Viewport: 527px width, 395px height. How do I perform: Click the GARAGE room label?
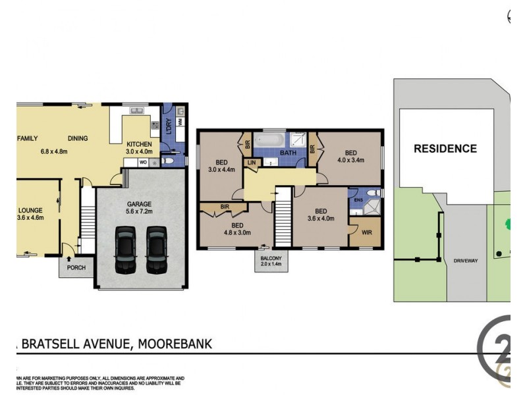click(139, 204)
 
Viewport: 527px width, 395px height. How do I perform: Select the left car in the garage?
click(125, 250)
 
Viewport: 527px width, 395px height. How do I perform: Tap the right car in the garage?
click(156, 250)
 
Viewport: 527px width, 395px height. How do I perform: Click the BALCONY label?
click(271, 257)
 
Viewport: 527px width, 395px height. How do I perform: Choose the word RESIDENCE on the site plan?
click(445, 149)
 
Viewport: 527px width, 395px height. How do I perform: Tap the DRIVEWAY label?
click(466, 261)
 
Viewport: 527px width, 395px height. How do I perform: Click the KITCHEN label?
click(139, 144)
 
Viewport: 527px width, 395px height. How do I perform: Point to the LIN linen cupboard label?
click(251, 162)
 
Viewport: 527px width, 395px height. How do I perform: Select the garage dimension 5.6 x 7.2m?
click(139, 213)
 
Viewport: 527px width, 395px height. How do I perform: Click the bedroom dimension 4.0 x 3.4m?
click(348, 159)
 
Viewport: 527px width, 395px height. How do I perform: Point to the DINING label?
click(78, 138)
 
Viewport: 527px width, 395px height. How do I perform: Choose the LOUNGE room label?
click(29, 211)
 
